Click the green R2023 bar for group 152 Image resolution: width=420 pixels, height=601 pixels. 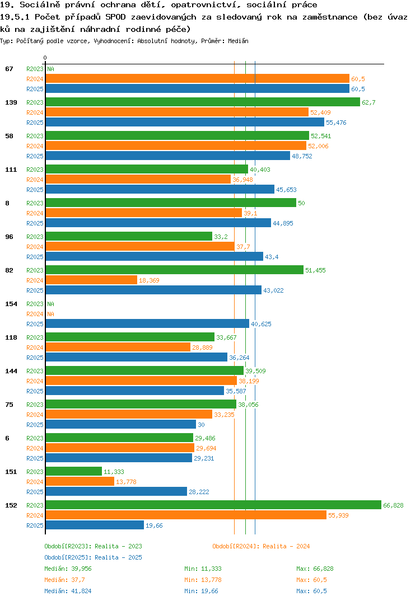(x=214, y=505)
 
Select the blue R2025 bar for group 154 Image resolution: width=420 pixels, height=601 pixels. (x=148, y=323)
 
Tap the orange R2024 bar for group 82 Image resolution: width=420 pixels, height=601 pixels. (x=92, y=280)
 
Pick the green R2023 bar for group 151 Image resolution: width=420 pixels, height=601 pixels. (x=74, y=471)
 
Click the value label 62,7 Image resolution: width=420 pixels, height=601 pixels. (x=368, y=102)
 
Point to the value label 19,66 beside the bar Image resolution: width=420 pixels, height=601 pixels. (x=154, y=525)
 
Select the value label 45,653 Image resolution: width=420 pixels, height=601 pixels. (x=287, y=190)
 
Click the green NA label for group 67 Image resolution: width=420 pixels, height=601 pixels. (x=50, y=69)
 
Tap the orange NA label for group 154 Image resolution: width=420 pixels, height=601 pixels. (x=50, y=314)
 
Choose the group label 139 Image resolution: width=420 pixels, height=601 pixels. (x=11, y=102)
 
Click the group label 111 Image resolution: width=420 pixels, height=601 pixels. (x=11, y=170)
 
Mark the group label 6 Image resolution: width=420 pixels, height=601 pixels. (x=7, y=438)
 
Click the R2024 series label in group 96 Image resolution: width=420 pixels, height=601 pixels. (x=35, y=247)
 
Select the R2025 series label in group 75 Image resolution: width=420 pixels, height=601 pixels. (x=35, y=425)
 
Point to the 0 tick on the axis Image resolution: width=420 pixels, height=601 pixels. (x=45, y=58)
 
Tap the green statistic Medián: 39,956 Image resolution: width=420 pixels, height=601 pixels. (x=68, y=569)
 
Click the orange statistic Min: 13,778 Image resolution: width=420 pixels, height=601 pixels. (x=203, y=580)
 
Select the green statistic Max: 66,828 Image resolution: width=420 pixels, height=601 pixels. (x=315, y=569)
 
